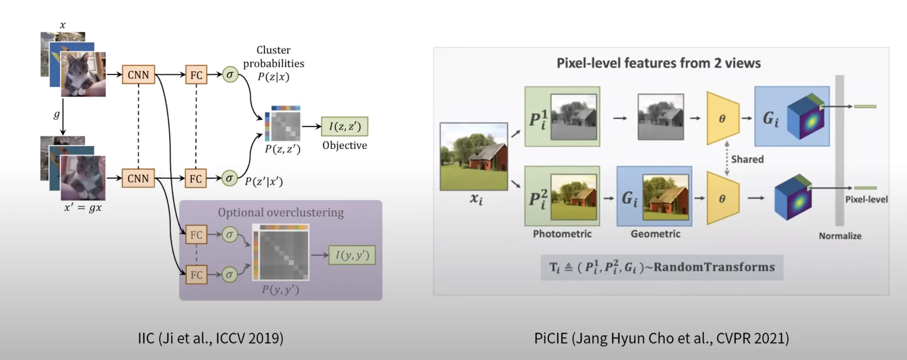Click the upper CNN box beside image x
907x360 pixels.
pyautogui.click(x=138, y=75)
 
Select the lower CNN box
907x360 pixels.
pyautogui.click(x=138, y=178)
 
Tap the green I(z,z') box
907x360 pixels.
pyautogui.click(x=345, y=127)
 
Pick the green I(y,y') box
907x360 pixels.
pyautogui.click(x=352, y=255)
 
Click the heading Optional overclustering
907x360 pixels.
pyautogui.click(x=280, y=213)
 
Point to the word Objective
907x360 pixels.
pyautogui.click(x=345, y=145)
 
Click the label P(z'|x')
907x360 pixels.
pyautogui.click(x=264, y=182)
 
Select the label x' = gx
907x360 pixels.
pyautogui.click(x=83, y=207)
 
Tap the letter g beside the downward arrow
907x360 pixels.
pyautogui.click(x=56, y=115)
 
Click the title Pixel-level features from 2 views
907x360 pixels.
pyautogui.click(x=659, y=63)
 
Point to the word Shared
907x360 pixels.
pyautogui.click(x=747, y=159)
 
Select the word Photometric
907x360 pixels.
pyautogui.click(x=562, y=234)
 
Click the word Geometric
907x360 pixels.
pyautogui.click(x=655, y=234)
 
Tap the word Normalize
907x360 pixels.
pyautogui.click(x=840, y=236)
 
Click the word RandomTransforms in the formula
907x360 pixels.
pyautogui.click(x=714, y=267)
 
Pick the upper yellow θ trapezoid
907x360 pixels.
pyautogui.click(x=722, y=119)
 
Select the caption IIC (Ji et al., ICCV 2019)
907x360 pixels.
pyautogui.click(x=210, y=338)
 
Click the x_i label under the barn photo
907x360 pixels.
pyautogui.click(x=476, y=199)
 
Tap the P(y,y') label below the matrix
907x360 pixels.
pyautogui.click(x=280, y=290)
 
